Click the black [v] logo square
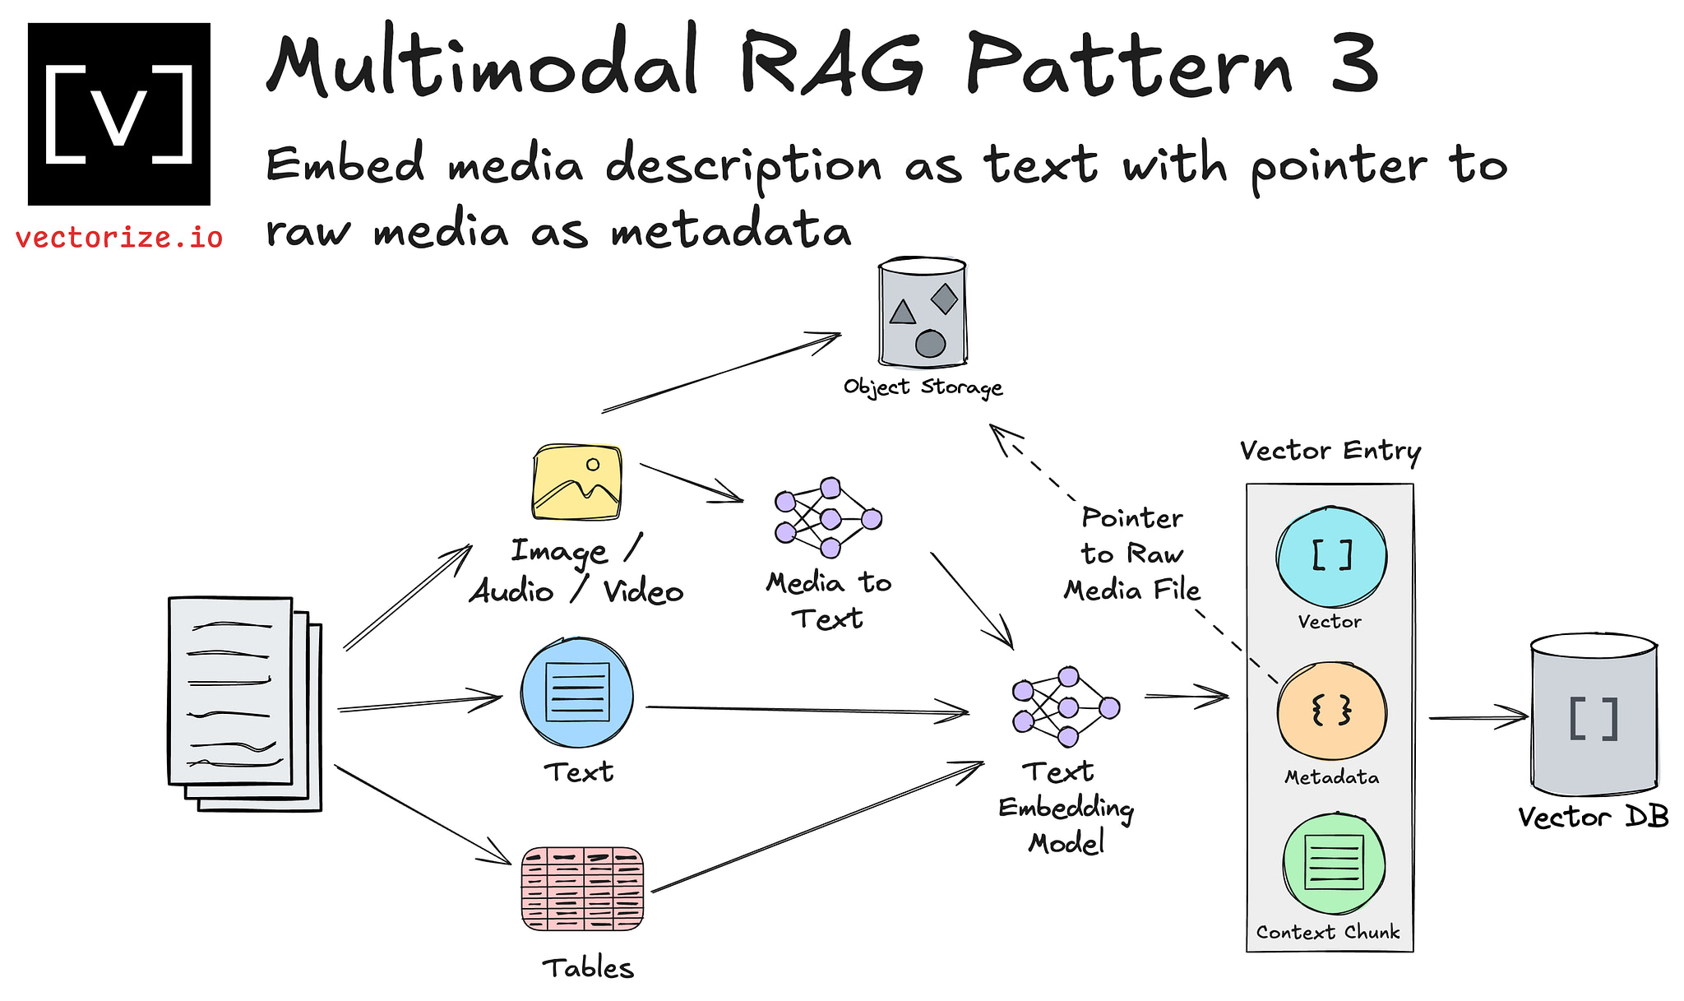point(119,114)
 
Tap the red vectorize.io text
point(119,239)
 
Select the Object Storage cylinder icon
point(922,313)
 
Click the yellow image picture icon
point(577,482)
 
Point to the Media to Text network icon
point(828,517)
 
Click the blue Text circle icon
point(577,693)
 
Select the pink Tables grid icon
point(582,888)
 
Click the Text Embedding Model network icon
point(1066,707)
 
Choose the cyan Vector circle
point(1331,557)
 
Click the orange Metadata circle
point(1331,711)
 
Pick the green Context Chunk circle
point(1334,864)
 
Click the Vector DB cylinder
point(1594,715)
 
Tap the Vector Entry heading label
point(1330,451)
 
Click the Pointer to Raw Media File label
point(1132,554)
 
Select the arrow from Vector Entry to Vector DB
point(1477,717)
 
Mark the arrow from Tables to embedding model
point(818,827)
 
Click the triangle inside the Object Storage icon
point(903,313)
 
